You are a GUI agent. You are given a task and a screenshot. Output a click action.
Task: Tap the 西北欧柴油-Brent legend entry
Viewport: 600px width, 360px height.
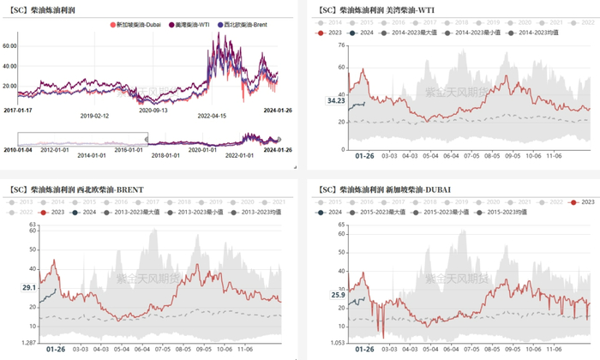(x=225, y=26)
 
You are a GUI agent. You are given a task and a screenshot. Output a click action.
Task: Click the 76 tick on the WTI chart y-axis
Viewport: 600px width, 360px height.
(x=341, y=44)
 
